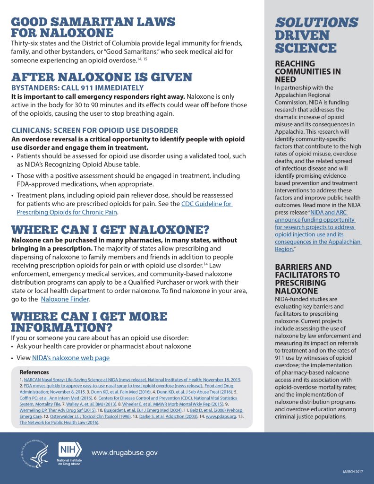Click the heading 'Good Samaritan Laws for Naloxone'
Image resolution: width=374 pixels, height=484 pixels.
tap(93, 27)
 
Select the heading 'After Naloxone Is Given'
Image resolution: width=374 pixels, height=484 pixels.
tap(102, 78)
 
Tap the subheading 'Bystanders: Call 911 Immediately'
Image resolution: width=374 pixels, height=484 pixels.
tap(77, 88)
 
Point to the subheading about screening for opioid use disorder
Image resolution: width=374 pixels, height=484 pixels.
tap(94, 130)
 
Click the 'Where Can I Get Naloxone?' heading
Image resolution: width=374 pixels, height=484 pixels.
tap(110, 230)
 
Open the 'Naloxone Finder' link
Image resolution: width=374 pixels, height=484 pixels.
tap(65, 299)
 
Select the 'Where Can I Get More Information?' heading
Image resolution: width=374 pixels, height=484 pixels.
tap(89, 322)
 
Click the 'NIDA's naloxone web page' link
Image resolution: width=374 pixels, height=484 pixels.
tap(71, 358)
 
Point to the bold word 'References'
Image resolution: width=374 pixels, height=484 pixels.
tap(34, 372)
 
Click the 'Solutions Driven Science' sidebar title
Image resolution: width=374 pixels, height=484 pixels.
tap(316, 35)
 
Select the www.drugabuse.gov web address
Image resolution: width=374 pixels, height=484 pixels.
tap(124, 453)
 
